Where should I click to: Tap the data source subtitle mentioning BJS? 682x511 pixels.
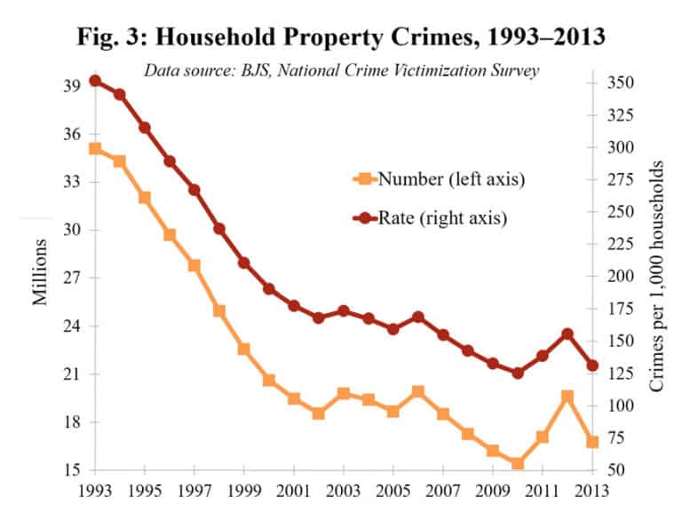[342, 72]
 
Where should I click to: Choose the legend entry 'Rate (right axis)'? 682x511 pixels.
[432, 217]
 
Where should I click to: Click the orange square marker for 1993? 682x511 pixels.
[95, 149]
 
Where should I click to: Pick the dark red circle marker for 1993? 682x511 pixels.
[95, 81]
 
